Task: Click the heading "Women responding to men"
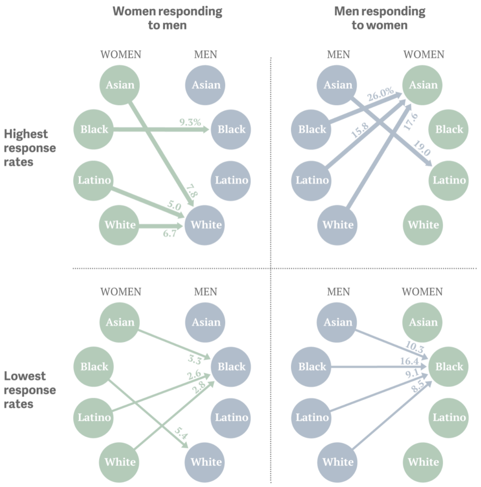point(167,18)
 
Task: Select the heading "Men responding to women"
point(379,18)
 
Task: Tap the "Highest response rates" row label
point(30,148)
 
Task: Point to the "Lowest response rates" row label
point(30,390)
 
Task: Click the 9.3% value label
point(190,122)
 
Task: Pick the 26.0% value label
point(380,94)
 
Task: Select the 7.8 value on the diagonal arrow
point(192,191)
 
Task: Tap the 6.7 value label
point(170,233)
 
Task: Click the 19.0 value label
point(422,149)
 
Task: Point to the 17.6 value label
point(411,121)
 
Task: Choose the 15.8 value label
point(360,130)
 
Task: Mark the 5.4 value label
point(181,433)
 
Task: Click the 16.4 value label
point(409,361)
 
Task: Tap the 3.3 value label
point(195,360)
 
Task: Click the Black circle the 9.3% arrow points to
point(231,129)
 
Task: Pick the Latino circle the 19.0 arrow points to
point(449,181)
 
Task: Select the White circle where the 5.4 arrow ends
point(205,462)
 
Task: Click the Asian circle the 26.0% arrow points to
point(422,85)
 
